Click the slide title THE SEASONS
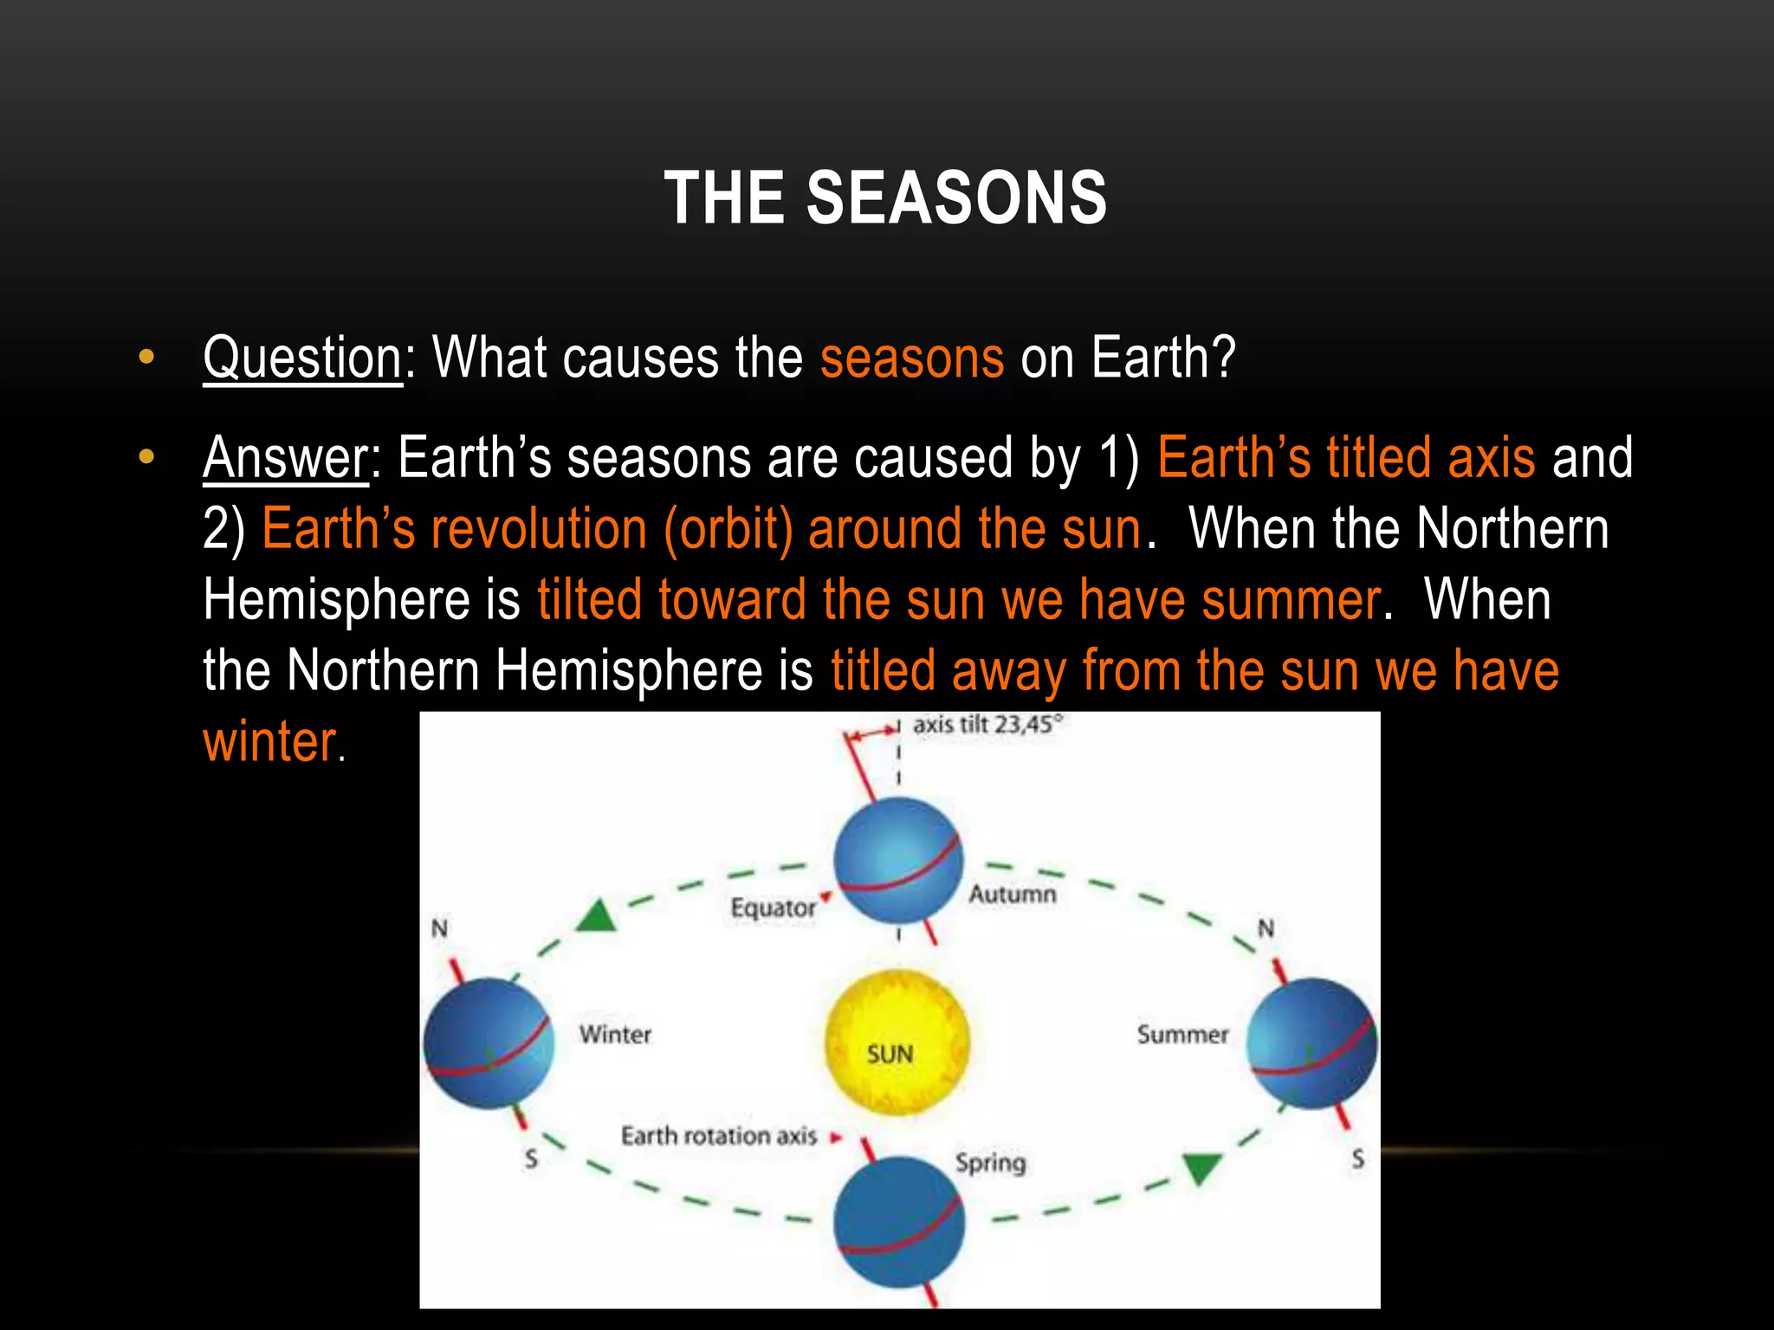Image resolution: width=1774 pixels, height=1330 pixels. click(885, 198)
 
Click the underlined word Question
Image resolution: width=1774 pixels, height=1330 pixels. click(302, 358)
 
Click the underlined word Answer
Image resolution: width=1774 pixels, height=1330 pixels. click(286, 457)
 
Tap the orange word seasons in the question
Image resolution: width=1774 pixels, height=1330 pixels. click(911, 358)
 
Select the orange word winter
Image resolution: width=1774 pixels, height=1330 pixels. click(269, 742)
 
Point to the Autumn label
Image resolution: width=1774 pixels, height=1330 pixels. click(1012, 894)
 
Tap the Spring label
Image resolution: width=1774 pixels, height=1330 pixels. click(990, 1162)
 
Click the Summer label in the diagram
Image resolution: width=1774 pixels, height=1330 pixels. click(1182, 1035)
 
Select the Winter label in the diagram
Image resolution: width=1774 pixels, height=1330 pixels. click(615, 1034)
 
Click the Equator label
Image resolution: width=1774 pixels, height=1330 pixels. click(773, 908)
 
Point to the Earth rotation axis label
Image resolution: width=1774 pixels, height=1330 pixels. click(719, 1136)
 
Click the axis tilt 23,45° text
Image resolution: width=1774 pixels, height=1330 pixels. click(987, 725)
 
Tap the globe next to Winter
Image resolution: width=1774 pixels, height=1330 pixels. click(489, 1043)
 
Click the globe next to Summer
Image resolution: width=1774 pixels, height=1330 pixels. click(1311, 1043)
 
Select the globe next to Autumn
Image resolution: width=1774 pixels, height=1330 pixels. click(898, 861)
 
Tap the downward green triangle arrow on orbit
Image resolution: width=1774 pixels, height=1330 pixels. click(1202, 1168)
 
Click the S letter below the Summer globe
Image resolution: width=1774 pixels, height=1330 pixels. click(1357, 1159)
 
